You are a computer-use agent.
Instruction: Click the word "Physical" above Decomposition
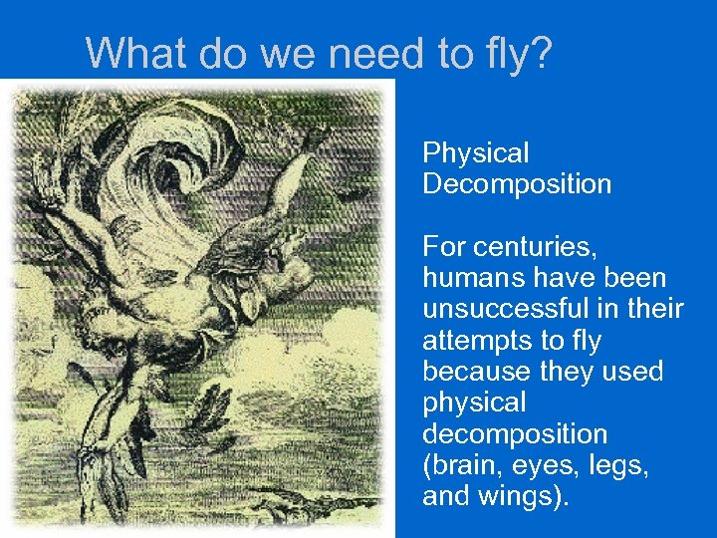476,153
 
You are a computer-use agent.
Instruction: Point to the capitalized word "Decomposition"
517,184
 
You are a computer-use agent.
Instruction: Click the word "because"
472,372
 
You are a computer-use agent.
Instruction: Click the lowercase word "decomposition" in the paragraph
515,434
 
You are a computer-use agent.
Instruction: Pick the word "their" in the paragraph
654,309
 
